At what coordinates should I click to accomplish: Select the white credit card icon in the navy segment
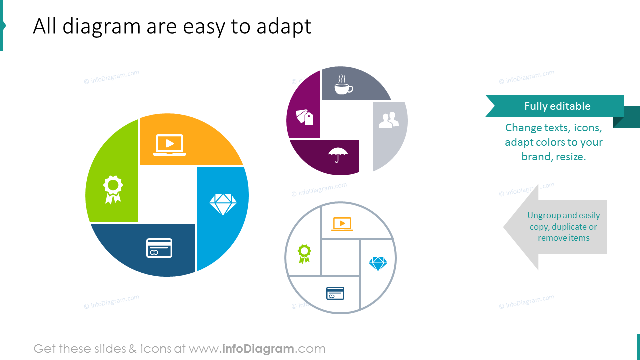[159, 248]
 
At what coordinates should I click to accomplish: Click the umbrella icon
[338, 155]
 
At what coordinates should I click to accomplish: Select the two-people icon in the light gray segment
[388, 120]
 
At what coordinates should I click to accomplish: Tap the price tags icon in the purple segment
[304, 117]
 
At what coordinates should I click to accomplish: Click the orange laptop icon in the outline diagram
[342, 224]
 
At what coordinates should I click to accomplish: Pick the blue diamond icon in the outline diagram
[378, 264]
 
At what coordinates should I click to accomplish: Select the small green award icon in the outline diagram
[304, 253]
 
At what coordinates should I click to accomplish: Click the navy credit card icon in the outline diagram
[335, 293]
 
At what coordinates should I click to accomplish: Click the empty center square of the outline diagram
[340, 257]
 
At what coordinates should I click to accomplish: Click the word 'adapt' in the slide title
[284, 26]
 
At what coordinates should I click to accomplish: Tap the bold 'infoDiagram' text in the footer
[257, 349]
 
